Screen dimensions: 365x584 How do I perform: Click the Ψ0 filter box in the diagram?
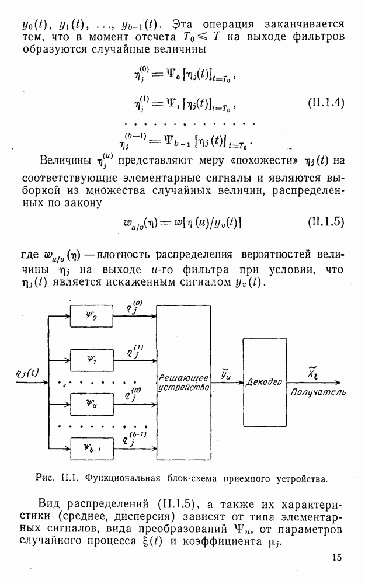point(92,316)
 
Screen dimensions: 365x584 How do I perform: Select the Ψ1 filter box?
point(92,360)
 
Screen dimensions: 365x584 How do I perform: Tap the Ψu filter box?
point(92,404)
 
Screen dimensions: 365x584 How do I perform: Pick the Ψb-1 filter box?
point(92,449)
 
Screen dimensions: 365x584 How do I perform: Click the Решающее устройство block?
point(183,383)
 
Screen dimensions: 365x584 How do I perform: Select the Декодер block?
point(265,382)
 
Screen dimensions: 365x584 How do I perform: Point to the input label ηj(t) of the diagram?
point(27,373)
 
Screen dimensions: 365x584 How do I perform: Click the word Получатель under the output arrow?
point(318,392)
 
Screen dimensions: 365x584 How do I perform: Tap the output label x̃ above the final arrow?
point(312,372)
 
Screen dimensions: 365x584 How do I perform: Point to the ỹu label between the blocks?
point(225,374)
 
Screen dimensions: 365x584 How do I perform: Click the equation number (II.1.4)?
point(326,102)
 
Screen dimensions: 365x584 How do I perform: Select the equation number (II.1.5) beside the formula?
point(326,222)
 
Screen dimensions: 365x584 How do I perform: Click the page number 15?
point(337,557)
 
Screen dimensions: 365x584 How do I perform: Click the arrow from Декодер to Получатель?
point(314,383)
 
